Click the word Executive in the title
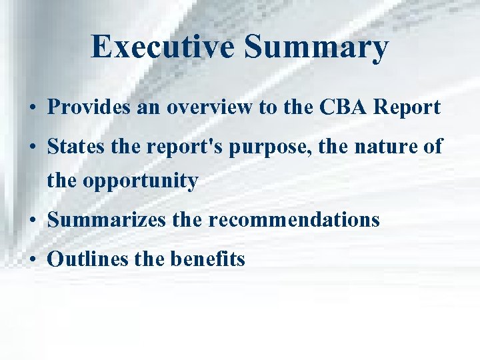point(163,47)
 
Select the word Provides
point(89,108)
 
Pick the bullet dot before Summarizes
point(33,220)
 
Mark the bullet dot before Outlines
point(33,259)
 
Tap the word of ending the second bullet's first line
point(431,147)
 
